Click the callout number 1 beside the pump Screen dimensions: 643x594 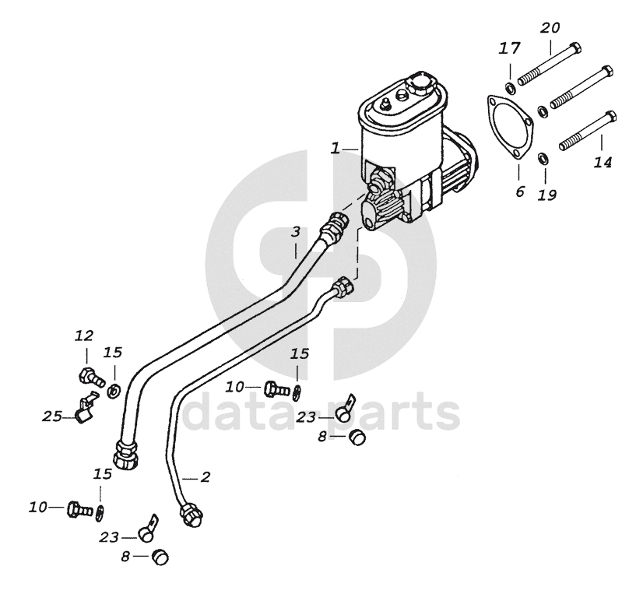click(335, 148)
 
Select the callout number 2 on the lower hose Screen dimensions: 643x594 click(206, 474)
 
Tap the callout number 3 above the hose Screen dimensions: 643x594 click(296, 232)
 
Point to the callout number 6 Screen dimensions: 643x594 click(520, 191)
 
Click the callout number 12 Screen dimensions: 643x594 click(83, 336)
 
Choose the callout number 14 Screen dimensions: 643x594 click(603, 162)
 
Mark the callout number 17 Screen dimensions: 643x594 click(509, 50)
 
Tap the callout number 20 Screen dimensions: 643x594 click(550, 28)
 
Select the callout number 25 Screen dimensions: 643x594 click(52, 417)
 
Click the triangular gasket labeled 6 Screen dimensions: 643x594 click(508, 128)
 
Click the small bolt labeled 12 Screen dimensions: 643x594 click(91, 378)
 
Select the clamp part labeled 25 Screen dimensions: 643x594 click(84, 409)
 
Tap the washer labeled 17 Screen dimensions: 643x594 click(509, 86)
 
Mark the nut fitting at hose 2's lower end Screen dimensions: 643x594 click(188, 515)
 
